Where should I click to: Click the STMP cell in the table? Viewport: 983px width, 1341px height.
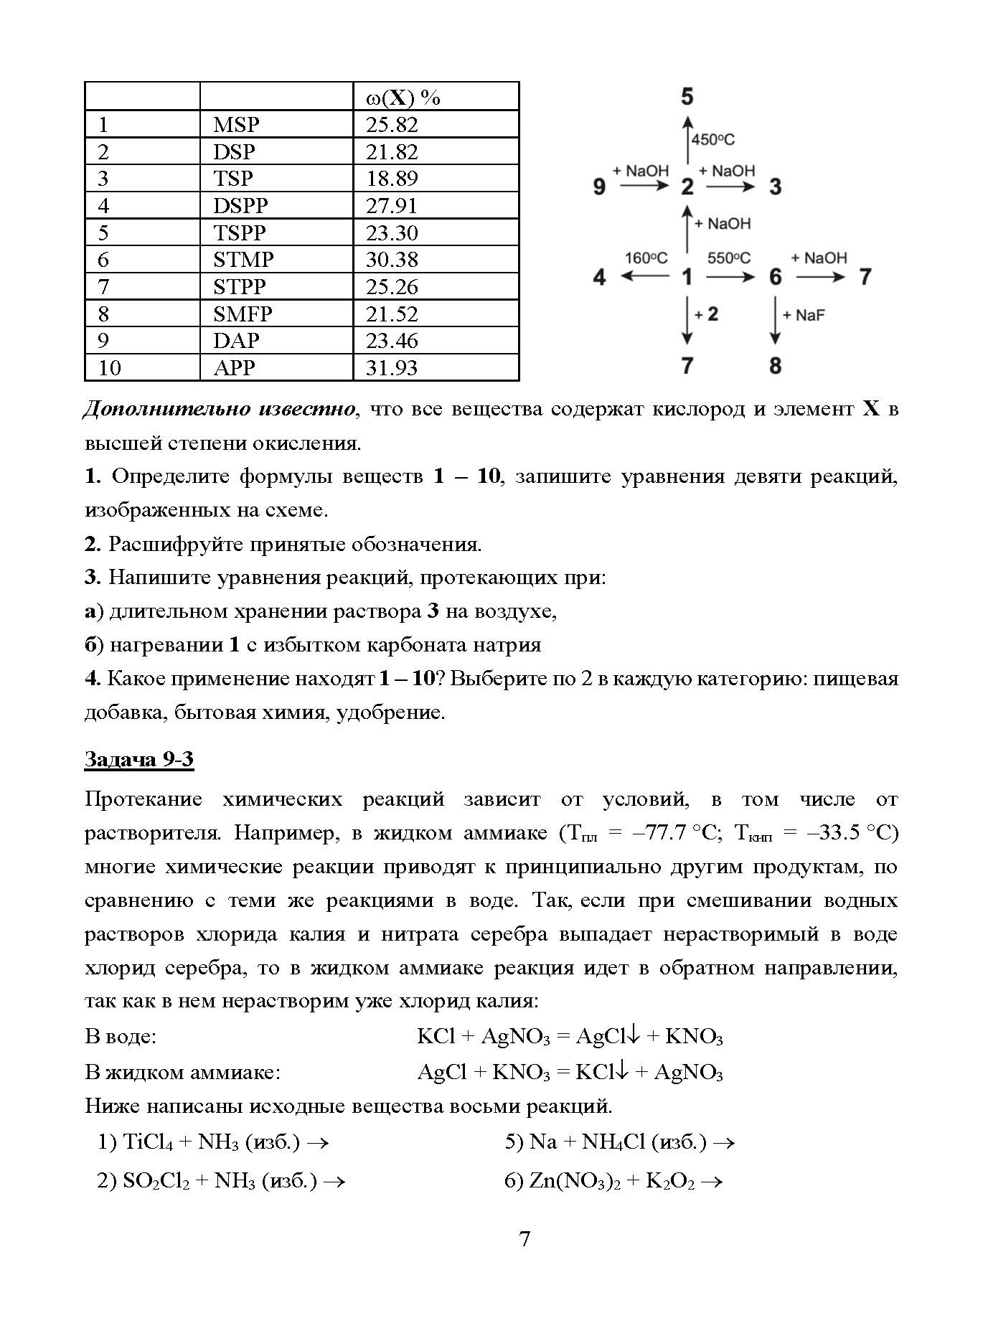[x=243, y=260]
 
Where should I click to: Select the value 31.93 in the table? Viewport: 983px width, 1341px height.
[x=392, y=368]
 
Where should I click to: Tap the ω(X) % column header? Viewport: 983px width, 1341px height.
[x=403, y=98]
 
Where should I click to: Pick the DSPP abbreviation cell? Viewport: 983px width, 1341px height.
[x=240, y=206]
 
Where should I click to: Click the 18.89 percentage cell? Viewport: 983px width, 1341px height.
[x=392, y=179]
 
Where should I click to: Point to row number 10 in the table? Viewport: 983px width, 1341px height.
[x=109, y=368]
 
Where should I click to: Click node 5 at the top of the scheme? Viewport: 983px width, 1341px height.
[x=687, y=96]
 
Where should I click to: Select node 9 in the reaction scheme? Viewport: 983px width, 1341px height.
[x=600, y=187]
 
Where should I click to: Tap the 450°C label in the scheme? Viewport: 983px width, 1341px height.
[x=713, y=139]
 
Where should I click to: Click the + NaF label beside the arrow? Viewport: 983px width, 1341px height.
[x=804, y=316]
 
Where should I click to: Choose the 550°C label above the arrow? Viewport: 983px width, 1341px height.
[x=729, y=258]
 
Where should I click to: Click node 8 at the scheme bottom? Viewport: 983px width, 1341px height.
[x=776, y=366]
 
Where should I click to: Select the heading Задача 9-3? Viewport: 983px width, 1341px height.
[x=139, y=759]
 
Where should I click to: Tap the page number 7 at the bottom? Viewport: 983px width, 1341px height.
[x=525, y=1239]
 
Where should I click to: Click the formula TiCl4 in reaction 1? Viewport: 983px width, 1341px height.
[x=149, y=1142]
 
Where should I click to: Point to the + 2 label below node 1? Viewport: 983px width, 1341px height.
[x=707, y=314]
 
